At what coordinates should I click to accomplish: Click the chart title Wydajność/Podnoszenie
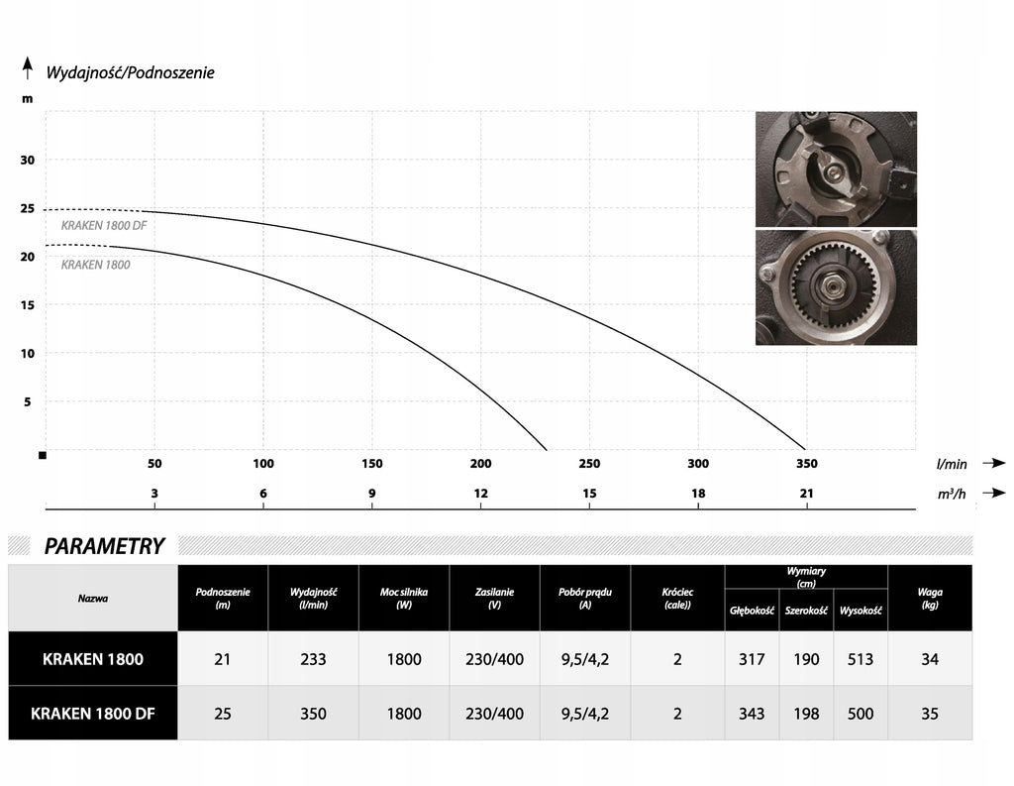click(130, 72)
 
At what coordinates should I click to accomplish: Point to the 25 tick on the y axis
click(27, 208)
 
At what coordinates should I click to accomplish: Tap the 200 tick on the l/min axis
click(480, 464)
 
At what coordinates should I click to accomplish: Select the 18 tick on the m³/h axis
click(698, 494)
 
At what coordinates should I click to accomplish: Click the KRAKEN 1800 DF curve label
click(104, 225)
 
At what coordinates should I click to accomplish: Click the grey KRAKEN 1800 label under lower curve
click(96, 265)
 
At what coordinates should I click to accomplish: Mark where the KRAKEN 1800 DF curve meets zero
click(806, 449)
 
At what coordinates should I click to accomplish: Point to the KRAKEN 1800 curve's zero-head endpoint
click(547, 449)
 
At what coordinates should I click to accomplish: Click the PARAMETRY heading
click(104, 546)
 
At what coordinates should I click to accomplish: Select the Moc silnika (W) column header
click(404, 599)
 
